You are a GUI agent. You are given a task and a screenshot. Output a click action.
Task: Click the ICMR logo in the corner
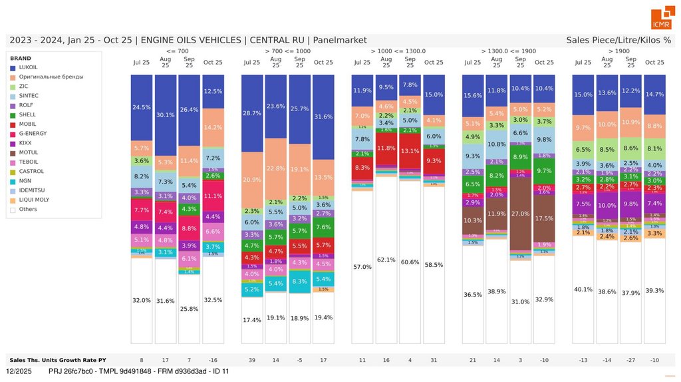point(661,19)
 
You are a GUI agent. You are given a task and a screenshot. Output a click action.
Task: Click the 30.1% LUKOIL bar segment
point(166,114)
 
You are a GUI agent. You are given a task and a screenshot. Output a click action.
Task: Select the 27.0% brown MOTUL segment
point(520,214)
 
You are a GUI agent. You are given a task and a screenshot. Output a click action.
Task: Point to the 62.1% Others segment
point(386,260)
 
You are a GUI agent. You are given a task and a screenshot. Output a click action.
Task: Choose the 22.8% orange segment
point(275,168)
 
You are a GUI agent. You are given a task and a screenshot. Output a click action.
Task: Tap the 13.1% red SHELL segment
point(410,151)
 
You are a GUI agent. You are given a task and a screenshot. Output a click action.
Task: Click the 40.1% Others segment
point(583,289)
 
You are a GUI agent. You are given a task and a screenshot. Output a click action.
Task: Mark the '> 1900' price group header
point(618,51)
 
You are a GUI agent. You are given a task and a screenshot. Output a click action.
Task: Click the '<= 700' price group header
point(177,51)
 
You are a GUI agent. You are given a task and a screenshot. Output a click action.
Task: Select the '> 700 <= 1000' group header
point(287,51)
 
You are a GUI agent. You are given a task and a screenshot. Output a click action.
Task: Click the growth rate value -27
point(630,360)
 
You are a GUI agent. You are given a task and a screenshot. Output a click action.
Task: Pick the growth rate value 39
point(252,360)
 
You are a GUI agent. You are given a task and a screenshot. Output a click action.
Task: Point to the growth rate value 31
point(434,360)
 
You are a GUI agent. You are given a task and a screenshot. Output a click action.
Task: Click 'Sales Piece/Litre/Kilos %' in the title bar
point(618,41)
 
